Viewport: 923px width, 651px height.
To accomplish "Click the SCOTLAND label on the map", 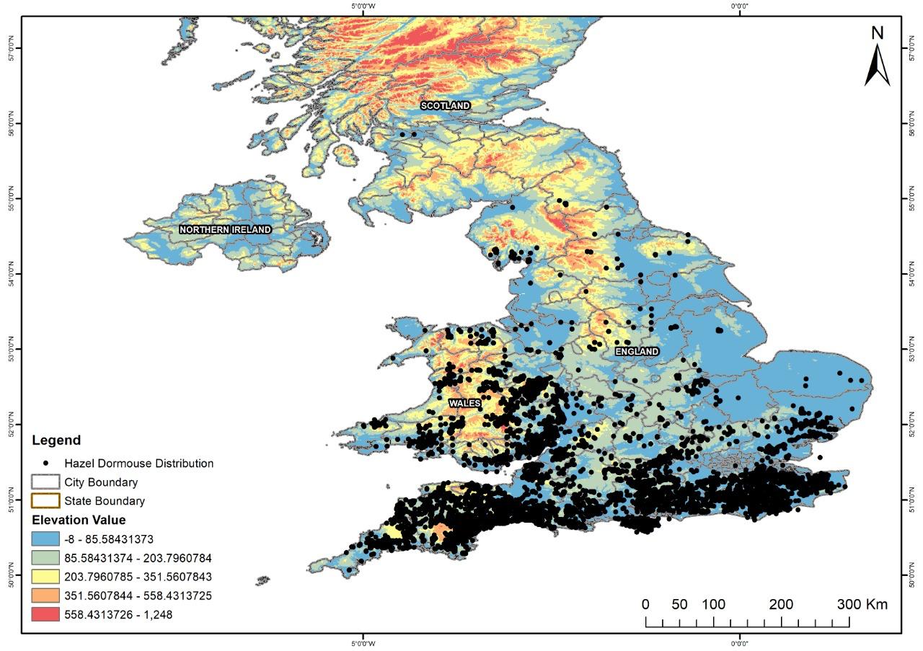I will click(446, 106).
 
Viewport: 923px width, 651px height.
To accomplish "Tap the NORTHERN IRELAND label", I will click(225, 230).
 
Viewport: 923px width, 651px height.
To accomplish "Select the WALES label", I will click(464, 404).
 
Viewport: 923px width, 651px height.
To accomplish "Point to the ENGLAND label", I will click(637, 352).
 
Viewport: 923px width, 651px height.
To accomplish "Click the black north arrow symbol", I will click(877, 66).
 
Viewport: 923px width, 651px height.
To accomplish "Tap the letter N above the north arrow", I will click(878, 32).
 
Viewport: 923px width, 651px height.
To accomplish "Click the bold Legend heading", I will click(56, 440).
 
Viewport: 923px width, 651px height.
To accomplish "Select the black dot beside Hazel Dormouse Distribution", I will click(45, 464).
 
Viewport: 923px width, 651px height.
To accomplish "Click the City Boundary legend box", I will click(45, 482).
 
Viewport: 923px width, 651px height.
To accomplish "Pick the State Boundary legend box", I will click(45, 501).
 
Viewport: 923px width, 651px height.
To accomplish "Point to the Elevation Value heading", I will click(78, 520).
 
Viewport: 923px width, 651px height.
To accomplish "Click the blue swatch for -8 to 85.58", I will click(45, 539).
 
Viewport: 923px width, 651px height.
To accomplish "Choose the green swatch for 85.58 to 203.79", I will click(45, 558).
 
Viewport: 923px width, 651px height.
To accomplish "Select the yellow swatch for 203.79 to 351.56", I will click(45, 577).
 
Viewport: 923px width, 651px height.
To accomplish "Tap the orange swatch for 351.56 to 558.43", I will click(45, 595).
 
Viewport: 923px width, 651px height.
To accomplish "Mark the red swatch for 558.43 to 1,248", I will click(45, 614).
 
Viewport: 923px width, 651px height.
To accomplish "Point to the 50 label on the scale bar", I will click(679, 604).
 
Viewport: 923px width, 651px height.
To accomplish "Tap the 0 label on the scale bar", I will click(645, 604).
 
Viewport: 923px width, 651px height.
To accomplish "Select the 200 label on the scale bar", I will click(782, 604).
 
